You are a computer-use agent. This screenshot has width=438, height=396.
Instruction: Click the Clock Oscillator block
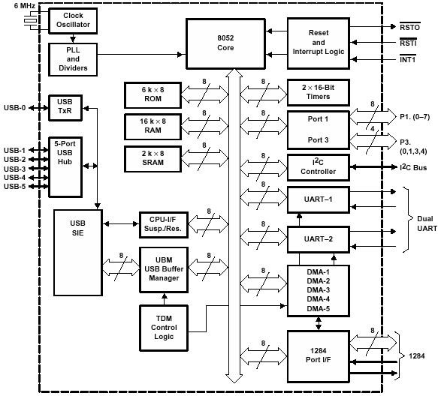pos(73,21)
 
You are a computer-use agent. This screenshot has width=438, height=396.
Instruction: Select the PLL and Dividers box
pos(73,59)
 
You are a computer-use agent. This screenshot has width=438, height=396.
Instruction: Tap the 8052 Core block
pos(225,43)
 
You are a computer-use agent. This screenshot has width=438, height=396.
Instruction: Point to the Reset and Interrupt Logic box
pos(319,43)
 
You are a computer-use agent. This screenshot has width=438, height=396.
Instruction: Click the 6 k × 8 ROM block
pos(153,95)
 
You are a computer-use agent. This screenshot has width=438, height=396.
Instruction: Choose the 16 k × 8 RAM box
pos(153,127)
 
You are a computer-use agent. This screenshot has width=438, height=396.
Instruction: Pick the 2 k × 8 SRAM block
pos(153,159)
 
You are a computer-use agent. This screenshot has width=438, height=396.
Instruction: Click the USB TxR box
pos(65,108)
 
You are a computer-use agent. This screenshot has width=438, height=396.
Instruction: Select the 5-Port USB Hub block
pos(65,167)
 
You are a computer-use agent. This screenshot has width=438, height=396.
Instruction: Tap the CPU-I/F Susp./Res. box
pos(164,224)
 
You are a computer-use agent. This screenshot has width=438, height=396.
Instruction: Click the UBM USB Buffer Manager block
pos(164,270)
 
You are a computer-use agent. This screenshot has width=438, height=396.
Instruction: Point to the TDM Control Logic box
pos(164,328)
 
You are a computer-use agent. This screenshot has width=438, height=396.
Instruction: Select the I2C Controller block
pos(319,167)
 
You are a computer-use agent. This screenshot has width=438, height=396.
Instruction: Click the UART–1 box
pos(319,199)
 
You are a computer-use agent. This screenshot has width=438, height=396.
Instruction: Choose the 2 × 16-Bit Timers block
pos(319,92)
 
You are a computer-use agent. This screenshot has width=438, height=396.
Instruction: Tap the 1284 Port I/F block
pos(319,357)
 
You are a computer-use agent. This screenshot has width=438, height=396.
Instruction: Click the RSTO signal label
pos(409,27)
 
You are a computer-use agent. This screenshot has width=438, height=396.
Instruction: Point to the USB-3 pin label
pos(15,169)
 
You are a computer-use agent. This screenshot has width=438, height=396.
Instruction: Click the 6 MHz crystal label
pos(25,5)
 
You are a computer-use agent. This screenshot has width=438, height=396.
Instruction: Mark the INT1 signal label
pos(408,59)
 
